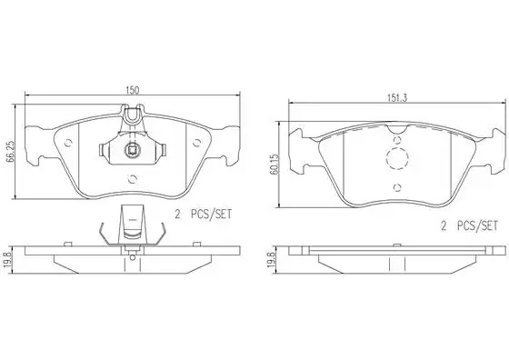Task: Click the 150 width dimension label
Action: [133, 90]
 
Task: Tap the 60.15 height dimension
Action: [274, 165]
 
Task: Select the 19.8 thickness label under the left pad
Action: [10, 260]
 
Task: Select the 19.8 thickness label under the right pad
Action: [272, 260]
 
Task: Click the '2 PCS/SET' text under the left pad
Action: [204, 215]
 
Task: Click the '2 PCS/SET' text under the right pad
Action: [469, 225]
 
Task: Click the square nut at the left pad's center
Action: [132, 150]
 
